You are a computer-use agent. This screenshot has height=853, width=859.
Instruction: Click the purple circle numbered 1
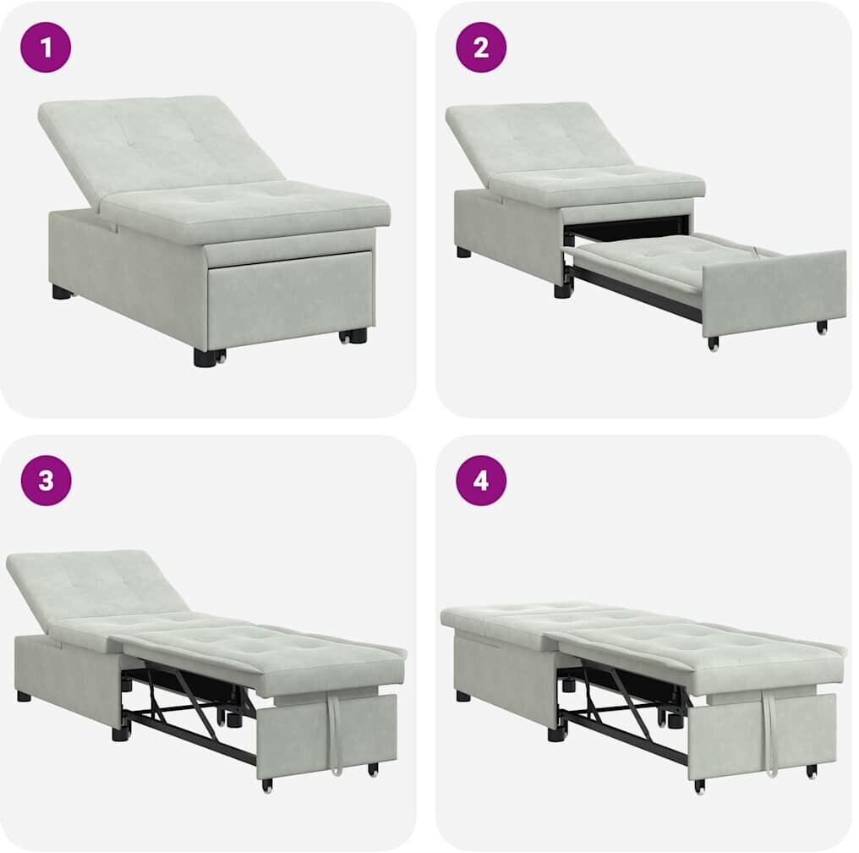pyautogui.click(x=46, y=47)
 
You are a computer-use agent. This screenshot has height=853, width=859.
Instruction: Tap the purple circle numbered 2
pyautogui.click(x=481, y=47)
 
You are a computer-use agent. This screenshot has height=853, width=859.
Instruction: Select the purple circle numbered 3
pyautogui.click(x=46, y=480)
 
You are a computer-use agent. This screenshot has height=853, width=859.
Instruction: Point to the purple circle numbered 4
pyautogui.click(x=481, y=480)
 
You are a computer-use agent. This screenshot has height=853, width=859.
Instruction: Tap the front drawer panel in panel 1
pyautogui.click(x=290, y=294)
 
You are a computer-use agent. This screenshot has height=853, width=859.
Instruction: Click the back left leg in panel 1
pyautogui.click(x=63, y=291)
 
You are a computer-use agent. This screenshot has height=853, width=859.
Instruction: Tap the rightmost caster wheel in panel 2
pyautogui.click(x=822, y=327)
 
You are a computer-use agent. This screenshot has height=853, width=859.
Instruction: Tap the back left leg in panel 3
pyautogui.click(x=24, y=696)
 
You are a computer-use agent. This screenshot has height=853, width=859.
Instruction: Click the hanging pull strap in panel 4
pyautogui.click(x=770, y=735)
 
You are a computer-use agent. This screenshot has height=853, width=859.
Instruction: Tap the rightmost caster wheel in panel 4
pyautogui.click(x=812, y=771)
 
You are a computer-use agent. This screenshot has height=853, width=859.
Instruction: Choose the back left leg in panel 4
pyautogui.click(x=463, y=696)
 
